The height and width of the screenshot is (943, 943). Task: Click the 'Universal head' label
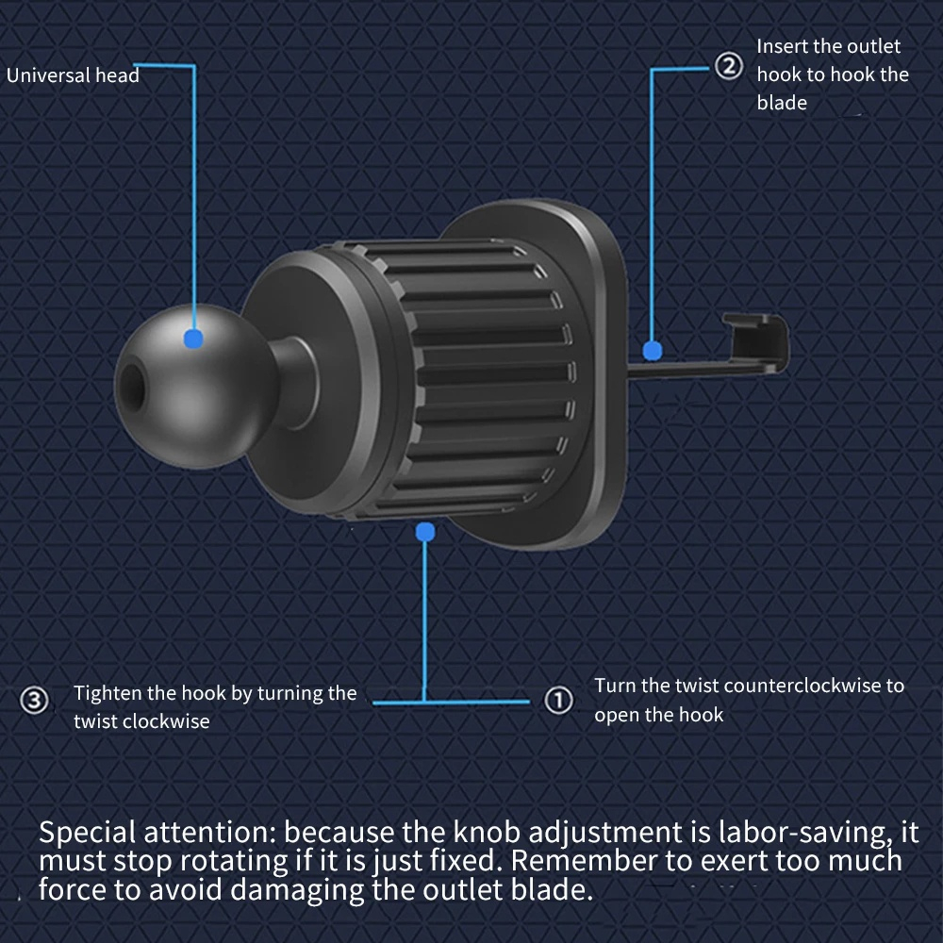[73, 75]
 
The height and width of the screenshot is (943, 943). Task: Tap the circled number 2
[729, 68]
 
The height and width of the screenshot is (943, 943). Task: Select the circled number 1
[559, 701]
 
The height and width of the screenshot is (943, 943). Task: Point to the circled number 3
[34, 701]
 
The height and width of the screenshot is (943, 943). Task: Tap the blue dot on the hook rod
[651, 352]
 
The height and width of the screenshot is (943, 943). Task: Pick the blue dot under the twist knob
[424, 532]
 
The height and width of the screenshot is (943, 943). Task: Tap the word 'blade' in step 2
[782, 103]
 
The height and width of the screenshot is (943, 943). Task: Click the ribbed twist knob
[481, 377]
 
